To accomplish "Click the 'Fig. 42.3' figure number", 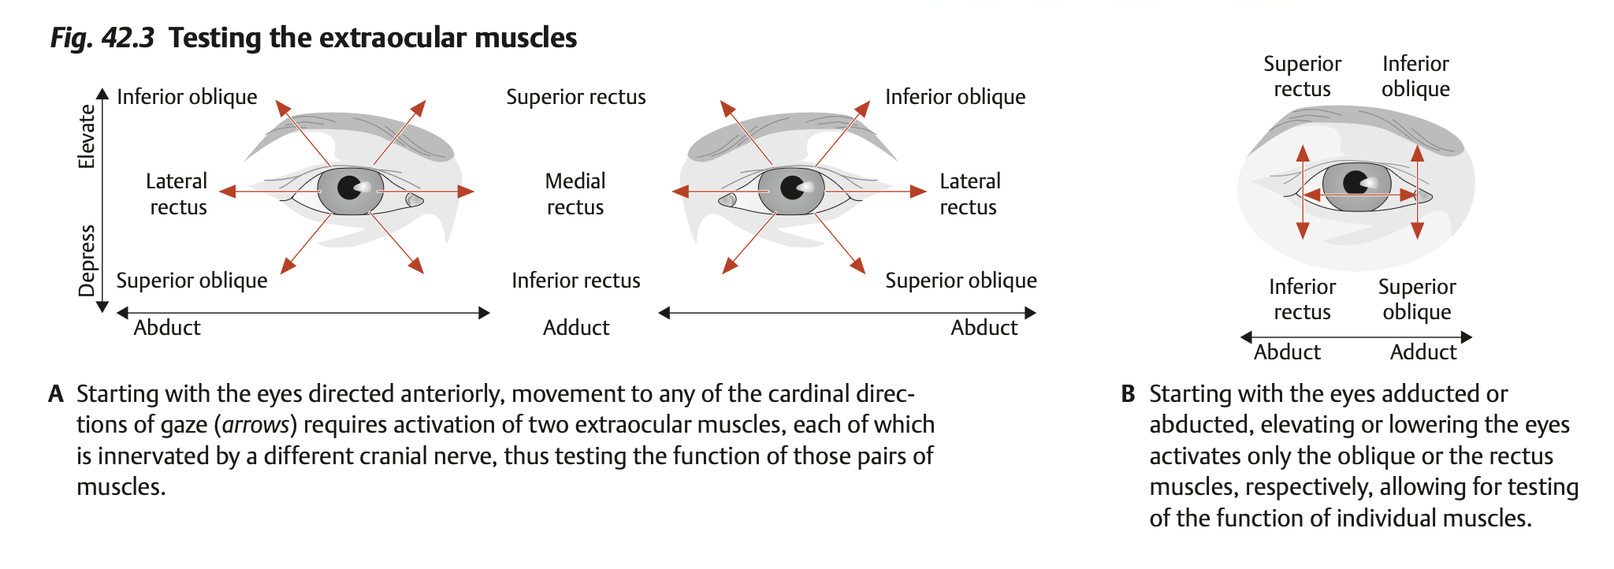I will pyautogui.click(x=102, y=38).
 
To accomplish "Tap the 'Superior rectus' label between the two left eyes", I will pyautogui.click(x=575, y=97).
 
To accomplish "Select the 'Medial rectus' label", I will pyautogui.click(x=575, y=194).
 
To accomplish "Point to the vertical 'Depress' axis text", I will pyautogui.click(x=87, y=260).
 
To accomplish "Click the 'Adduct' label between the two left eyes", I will pyautogui.click(x=575, y=328).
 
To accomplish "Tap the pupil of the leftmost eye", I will pyautogui.click(x=349, y=188).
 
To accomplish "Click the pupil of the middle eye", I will pyautogui.click(x=791, y=188).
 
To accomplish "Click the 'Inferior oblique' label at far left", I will pyautogui.click(x=187, y=97).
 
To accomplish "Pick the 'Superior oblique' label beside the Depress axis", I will pyautogui.click(x=192, y=281).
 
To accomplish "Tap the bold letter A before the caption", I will pyautogui.click(x=55, y=394).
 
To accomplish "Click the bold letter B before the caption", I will pyautogui.click(x=1128, y=394).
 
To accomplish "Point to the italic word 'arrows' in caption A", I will pyautogui.click(x=255, y=426).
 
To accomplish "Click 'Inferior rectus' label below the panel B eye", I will pyautogui.click(x=1302, y=299).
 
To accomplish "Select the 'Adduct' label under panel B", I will pyautogui.click(x=1422, y=352).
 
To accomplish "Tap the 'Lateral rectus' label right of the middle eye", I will pyautogui.click(x=969, y=194).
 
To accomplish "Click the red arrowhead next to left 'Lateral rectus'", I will pyautogui.click(x=228, y=192).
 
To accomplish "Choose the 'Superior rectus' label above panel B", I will pyautogui.click(x=1302, y=76).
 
